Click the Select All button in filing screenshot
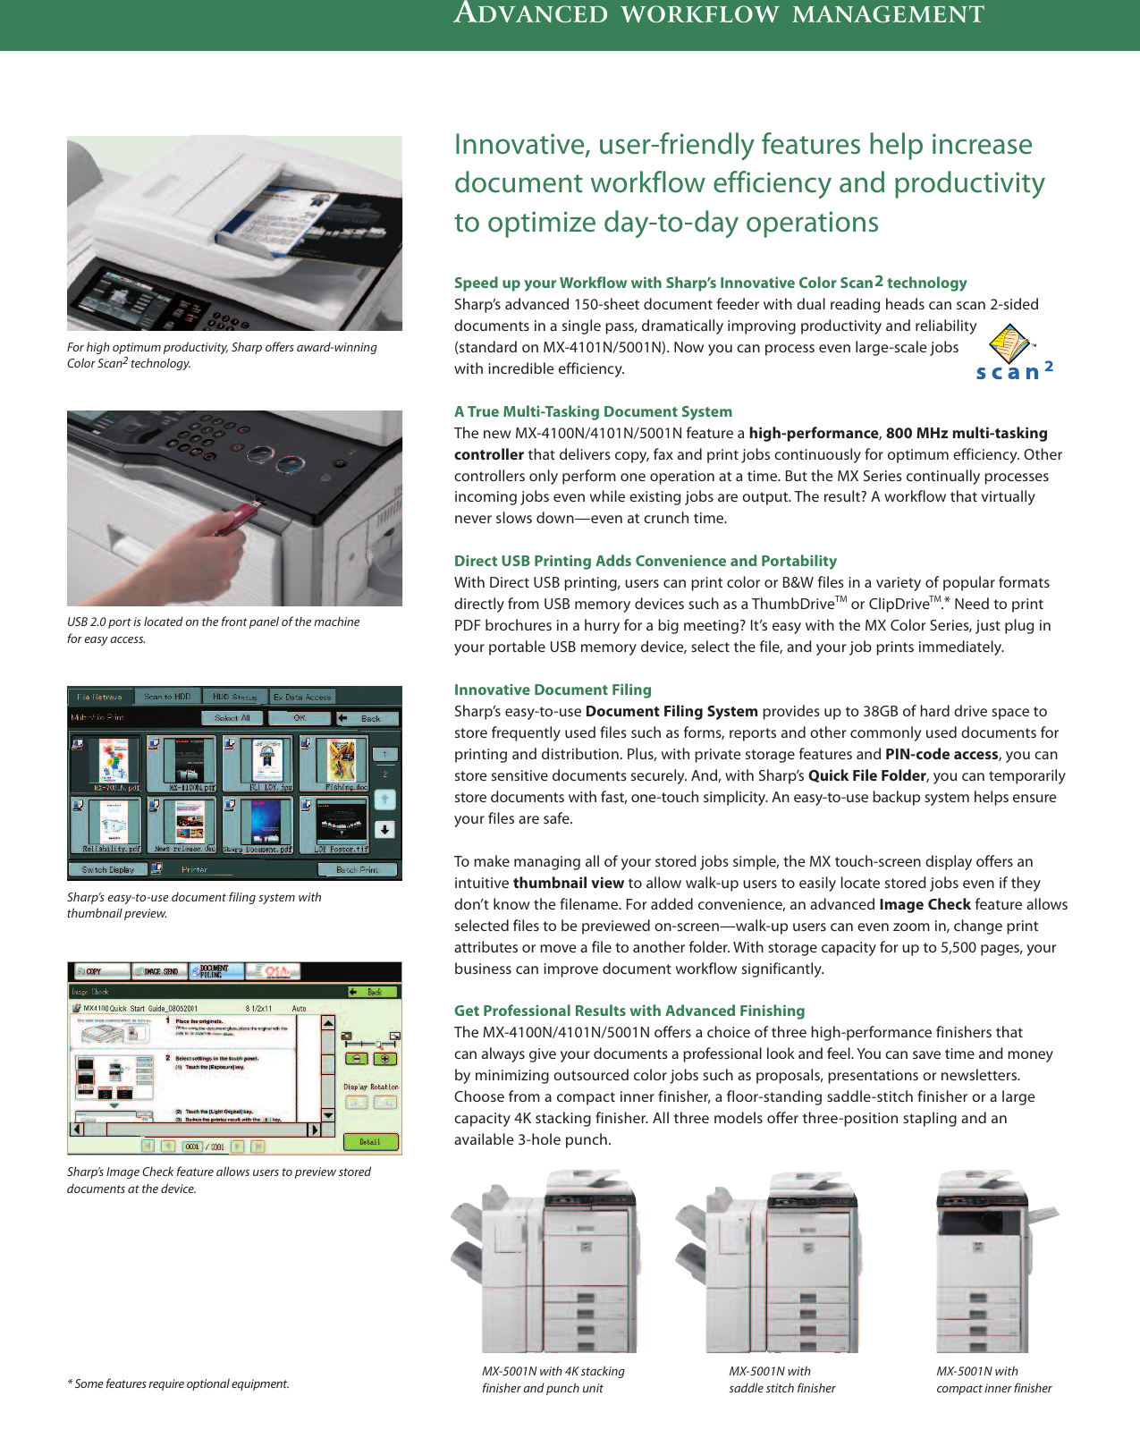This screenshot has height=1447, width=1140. (232, 718)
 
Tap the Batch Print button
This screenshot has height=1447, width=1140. (357, 869)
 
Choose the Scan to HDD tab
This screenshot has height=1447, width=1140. (167, 697)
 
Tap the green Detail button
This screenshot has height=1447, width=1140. (370, 1142)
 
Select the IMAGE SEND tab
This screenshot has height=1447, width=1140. (160, 971)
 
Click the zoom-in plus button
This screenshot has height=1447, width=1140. (384, 1059)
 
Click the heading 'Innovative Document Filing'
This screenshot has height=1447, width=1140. (553, 690)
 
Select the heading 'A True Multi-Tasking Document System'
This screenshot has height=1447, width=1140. (593, 411)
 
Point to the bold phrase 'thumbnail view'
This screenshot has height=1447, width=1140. (569, 883)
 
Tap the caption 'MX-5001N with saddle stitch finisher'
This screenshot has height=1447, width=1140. (781, 1379)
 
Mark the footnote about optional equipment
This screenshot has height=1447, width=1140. (179, 1384)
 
